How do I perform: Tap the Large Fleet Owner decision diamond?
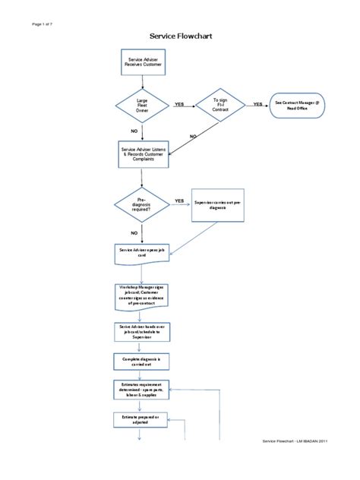click(143, 105)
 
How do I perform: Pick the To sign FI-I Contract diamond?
click(220, 105)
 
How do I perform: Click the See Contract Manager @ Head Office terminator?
click(298, 105)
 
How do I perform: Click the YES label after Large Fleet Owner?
click(179, 103)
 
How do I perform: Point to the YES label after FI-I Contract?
click(257, 103)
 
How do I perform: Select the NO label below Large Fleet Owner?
click(135, 131)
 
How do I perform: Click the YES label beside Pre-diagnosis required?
click(179, 201)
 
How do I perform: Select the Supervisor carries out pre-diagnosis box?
click(219, 205)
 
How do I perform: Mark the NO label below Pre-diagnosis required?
click(134, 232)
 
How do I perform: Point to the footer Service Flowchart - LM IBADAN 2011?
click(295, 463)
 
